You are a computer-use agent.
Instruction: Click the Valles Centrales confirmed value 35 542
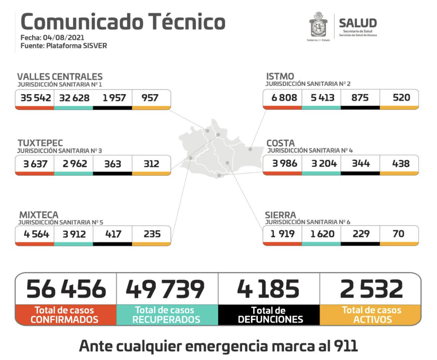click(x=34, y=98)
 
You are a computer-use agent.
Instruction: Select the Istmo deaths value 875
click(x=360, y=97)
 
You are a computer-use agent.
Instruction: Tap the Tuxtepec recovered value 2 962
click(x=75, y=164)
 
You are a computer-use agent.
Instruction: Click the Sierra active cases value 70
click(x=399, y=233)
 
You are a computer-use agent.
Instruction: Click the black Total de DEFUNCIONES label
click(x=269, y=315)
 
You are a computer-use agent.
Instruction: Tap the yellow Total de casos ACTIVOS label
click(x=371, y=315)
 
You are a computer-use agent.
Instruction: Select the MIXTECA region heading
click(x=39, y=215)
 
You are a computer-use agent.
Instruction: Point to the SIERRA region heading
click(x=280, y=215)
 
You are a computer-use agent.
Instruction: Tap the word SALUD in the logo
click(x=357, y=23)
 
